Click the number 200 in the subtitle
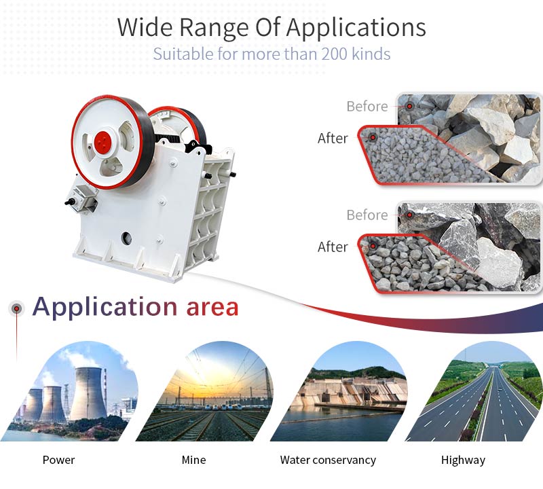tap(334, 54)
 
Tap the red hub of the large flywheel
tap(103, 142)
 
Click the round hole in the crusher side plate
tap(126, 238)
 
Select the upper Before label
tap(367, 107)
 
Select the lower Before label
tap(367, 215)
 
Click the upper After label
tap(333, 139)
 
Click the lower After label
tap(333, 247)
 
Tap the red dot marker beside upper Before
tap(410, 106)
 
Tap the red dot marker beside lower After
tap(373, 246)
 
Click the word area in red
tap(212, 308)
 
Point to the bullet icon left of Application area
tap(16, 308)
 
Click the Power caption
tap(58, 460)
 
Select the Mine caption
tap(193, 460)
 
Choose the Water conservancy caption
tap(328, 460)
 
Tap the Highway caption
tap(463, 460)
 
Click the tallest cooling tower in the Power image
tap(88, 393)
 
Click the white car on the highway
tap(499, 390)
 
